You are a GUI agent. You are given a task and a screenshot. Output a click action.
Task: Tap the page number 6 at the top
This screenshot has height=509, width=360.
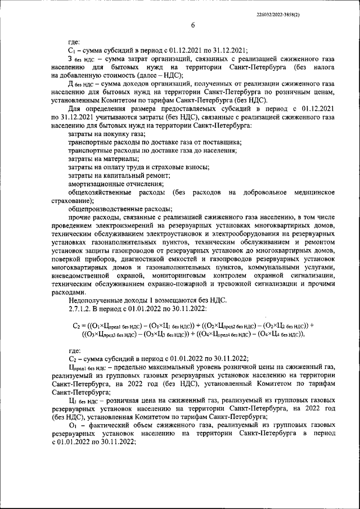[x=192, y=25]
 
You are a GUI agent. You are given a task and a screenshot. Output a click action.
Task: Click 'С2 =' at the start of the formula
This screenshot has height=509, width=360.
[x=79, y=325]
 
